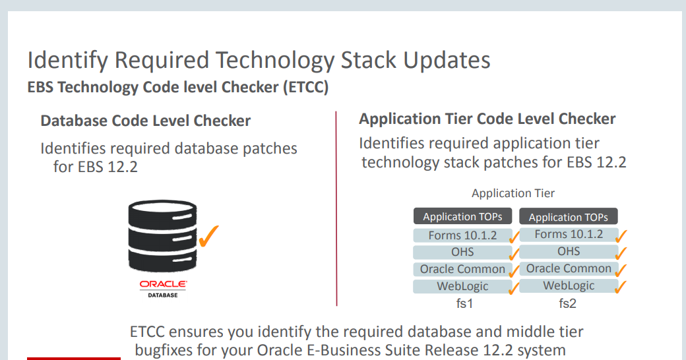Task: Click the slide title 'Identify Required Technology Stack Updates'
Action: [x=259, y=60]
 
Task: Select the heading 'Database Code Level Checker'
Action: [x=146, y=121]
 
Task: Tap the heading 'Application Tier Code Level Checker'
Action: [x=487, y=119]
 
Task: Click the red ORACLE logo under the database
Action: [x=163, y=285]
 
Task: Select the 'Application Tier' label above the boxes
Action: [x=513, y=193]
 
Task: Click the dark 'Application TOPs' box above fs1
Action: [x=462, y=216]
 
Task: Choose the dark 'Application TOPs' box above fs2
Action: [x=569, y=216]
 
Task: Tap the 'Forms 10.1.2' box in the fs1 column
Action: [x=462, y=235]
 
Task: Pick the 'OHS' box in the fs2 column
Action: [x=569, y=251]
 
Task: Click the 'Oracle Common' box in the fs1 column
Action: [x=462, y=269]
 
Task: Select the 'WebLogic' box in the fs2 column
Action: [x=569, y=285]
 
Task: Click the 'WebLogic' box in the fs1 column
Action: [x=462, y=286]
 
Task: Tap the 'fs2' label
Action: [x=568, y=304]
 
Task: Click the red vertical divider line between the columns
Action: [x=336, y=208]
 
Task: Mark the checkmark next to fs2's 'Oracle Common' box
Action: [x=621, y=270]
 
